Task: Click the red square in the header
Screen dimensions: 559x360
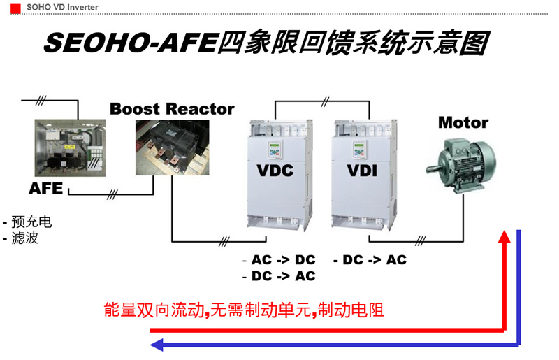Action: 15,8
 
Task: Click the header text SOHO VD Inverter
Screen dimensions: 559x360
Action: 62,7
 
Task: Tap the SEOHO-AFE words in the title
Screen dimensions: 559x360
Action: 131,43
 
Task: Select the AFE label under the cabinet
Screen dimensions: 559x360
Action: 46,188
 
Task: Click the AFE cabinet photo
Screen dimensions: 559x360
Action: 71,147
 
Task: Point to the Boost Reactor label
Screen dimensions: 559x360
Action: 172,109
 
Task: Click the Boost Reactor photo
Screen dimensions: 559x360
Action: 172,147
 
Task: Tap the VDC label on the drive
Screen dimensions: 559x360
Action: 275,171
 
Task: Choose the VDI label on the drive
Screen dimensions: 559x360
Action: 362,171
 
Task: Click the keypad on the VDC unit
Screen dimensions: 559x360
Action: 275,150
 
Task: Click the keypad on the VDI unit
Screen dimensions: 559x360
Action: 359,150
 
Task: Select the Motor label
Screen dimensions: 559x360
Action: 463,123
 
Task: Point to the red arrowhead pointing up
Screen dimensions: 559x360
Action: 504,237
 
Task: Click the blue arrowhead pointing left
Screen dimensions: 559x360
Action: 157,345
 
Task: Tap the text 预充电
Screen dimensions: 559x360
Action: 31,222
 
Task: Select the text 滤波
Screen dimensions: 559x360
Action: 24,238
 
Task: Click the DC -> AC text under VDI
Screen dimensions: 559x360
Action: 375,260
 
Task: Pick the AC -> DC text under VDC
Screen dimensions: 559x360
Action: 284,260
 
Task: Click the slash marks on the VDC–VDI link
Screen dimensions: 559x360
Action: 325,101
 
